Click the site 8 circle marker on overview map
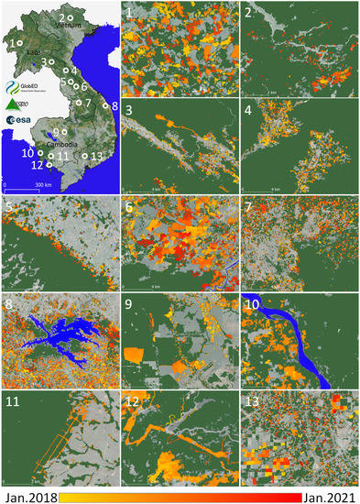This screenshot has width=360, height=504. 106,107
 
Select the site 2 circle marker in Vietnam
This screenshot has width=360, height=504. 70,17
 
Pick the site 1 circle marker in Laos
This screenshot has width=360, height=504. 19,43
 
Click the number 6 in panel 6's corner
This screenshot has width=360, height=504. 130,208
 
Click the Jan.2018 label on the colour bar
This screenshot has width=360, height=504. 31,496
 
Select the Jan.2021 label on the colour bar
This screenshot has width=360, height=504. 328,496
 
